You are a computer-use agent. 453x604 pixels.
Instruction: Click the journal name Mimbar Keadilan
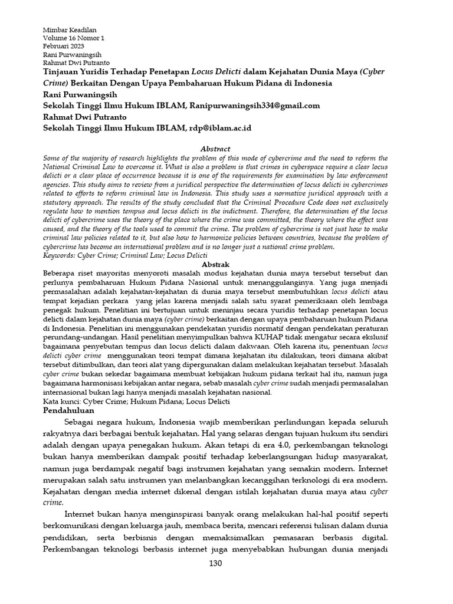[70, 30]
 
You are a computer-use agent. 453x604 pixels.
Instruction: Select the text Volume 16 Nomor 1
[74, 38]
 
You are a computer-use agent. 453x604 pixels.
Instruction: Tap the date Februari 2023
[64, 47]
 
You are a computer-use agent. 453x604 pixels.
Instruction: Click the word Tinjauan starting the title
[64, 72]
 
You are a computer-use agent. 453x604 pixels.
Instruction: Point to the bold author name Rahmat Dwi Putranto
[86, 117]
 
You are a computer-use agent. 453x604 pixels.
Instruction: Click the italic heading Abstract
[215, 149]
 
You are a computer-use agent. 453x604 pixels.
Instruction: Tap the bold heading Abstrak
[215, 265]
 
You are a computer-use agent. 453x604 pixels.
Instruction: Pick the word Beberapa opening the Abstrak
[61, 274]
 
